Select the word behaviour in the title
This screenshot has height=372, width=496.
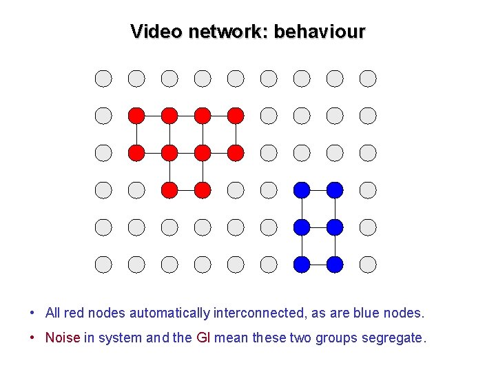(320, 32)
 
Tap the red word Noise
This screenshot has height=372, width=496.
(63, 338)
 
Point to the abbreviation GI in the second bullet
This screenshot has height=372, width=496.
(203, 338)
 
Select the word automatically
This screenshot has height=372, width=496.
(169, 313)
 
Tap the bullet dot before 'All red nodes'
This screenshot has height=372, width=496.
(33, 313)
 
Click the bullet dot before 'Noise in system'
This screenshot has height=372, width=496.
(33, 338)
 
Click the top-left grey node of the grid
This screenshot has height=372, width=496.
(103, 79)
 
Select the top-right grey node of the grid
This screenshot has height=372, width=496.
(368, 79)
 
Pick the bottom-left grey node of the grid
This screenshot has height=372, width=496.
(103, 264)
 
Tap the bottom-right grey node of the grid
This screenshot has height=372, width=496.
(368, 264)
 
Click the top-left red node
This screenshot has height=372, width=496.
(136, 116)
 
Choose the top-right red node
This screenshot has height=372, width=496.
(236, 116)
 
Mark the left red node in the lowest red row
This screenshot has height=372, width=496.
(169, 189)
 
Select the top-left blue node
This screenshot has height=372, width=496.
(302, 189)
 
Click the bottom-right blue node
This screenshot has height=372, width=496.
(335, 264)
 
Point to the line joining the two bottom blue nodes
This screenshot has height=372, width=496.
(318, 264)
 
